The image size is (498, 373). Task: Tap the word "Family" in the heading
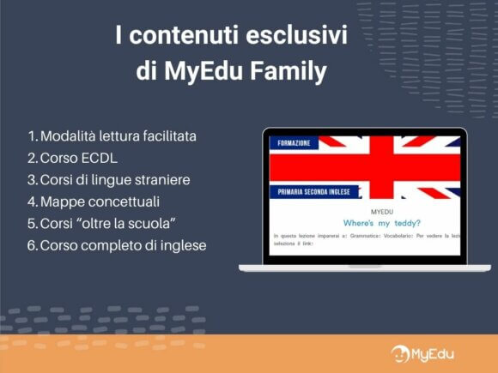pos(286,73)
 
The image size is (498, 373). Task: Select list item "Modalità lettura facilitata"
pos(119,136)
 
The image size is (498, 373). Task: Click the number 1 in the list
pos(32,136)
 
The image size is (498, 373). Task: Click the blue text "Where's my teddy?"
pos(380,222)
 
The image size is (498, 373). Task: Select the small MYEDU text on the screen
pos(380,210)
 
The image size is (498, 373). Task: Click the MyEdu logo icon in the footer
pos(399,353)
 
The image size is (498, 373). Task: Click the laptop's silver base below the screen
pos(365,268)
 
